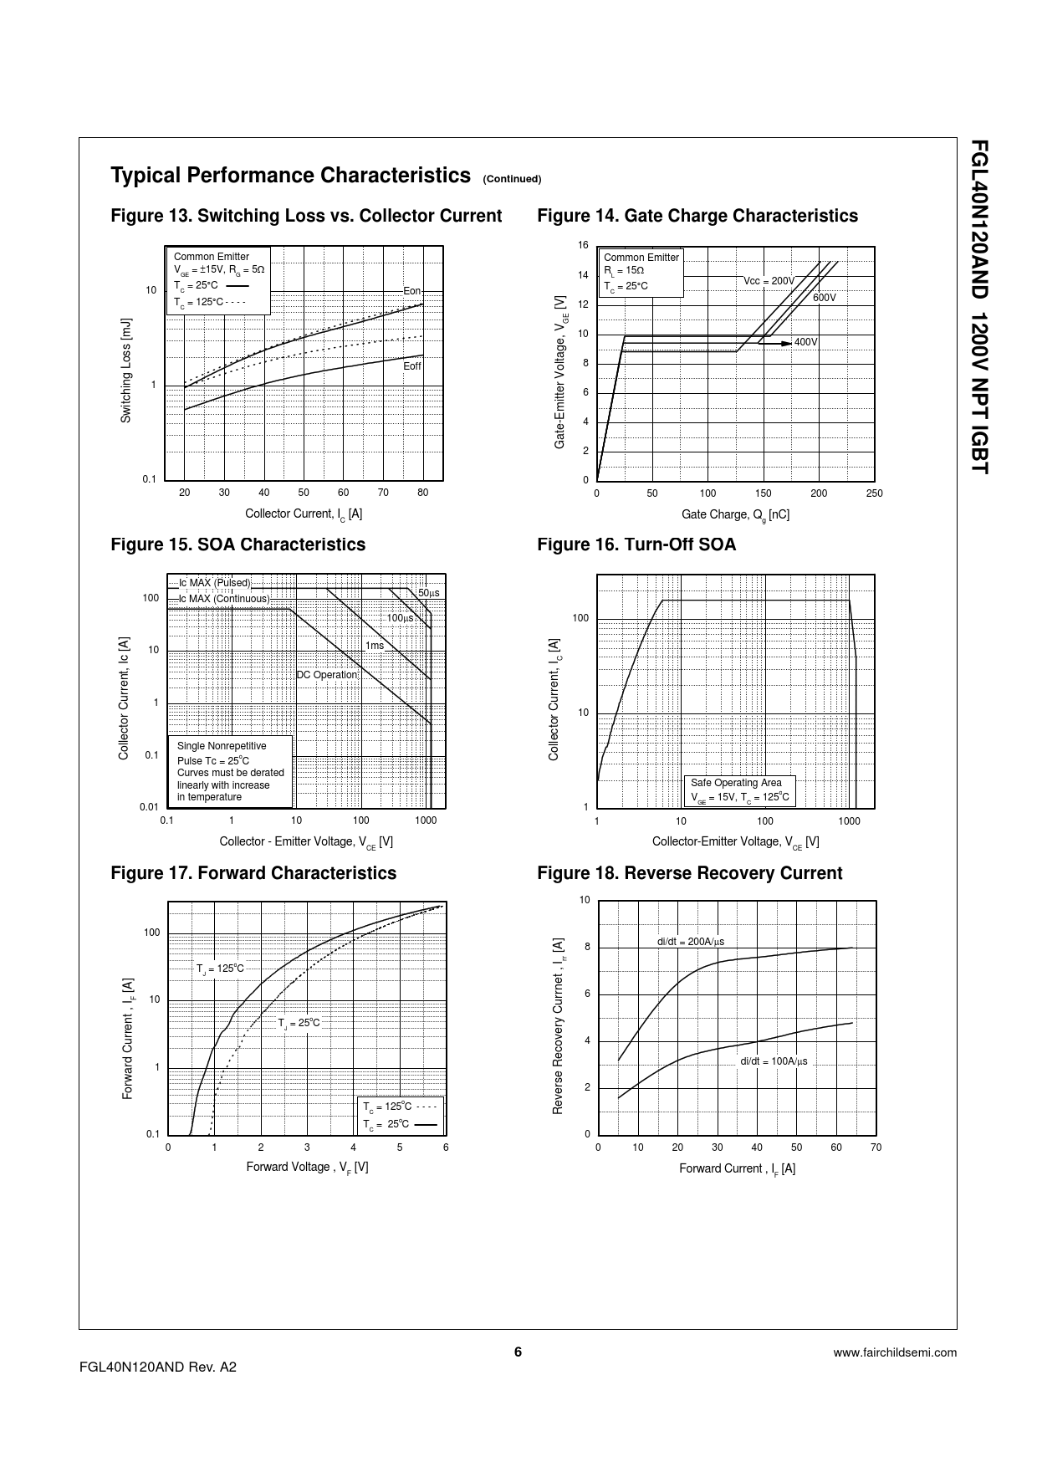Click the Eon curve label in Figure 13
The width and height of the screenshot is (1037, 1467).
click(x=411, y=291)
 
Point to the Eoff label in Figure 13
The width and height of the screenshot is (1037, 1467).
click(x=412, y=366)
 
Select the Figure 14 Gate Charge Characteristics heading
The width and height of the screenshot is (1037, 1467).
click(x=697, y=216)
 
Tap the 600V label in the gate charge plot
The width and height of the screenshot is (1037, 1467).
click(x=824, y=298)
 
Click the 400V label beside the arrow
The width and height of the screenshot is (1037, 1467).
click(x=805, y=342)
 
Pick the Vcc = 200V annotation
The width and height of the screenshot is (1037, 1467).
click(x=769, y=281)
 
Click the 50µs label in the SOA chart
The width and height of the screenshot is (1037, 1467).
click(x=428, y=593)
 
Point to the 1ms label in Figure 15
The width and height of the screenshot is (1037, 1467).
click(x=375, y=646)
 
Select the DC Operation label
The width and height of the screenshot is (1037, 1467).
click(x=327, y=675)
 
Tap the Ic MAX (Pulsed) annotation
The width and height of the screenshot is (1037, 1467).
click(x=214, y=583)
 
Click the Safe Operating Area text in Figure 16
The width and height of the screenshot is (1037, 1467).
click(x=736, y=783)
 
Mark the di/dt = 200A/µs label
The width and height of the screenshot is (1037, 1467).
click(x=690, y=942)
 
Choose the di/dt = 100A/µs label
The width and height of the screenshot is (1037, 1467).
click(x=774, y=1061)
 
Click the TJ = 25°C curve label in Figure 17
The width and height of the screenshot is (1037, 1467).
click(x=299, y=1023)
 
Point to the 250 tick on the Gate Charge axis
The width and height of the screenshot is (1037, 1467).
click(x=874, y=493)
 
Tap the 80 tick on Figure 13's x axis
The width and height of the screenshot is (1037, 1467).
click(x=422, y=493)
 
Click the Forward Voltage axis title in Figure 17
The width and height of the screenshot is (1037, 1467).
click(x=307, y=1167)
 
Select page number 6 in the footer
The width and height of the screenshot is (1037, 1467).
click(x=518, y=1352)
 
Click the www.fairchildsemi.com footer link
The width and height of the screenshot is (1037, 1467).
click(x=895, y=1352)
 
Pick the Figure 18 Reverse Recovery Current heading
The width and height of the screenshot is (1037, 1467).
click(x=689, y=873)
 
